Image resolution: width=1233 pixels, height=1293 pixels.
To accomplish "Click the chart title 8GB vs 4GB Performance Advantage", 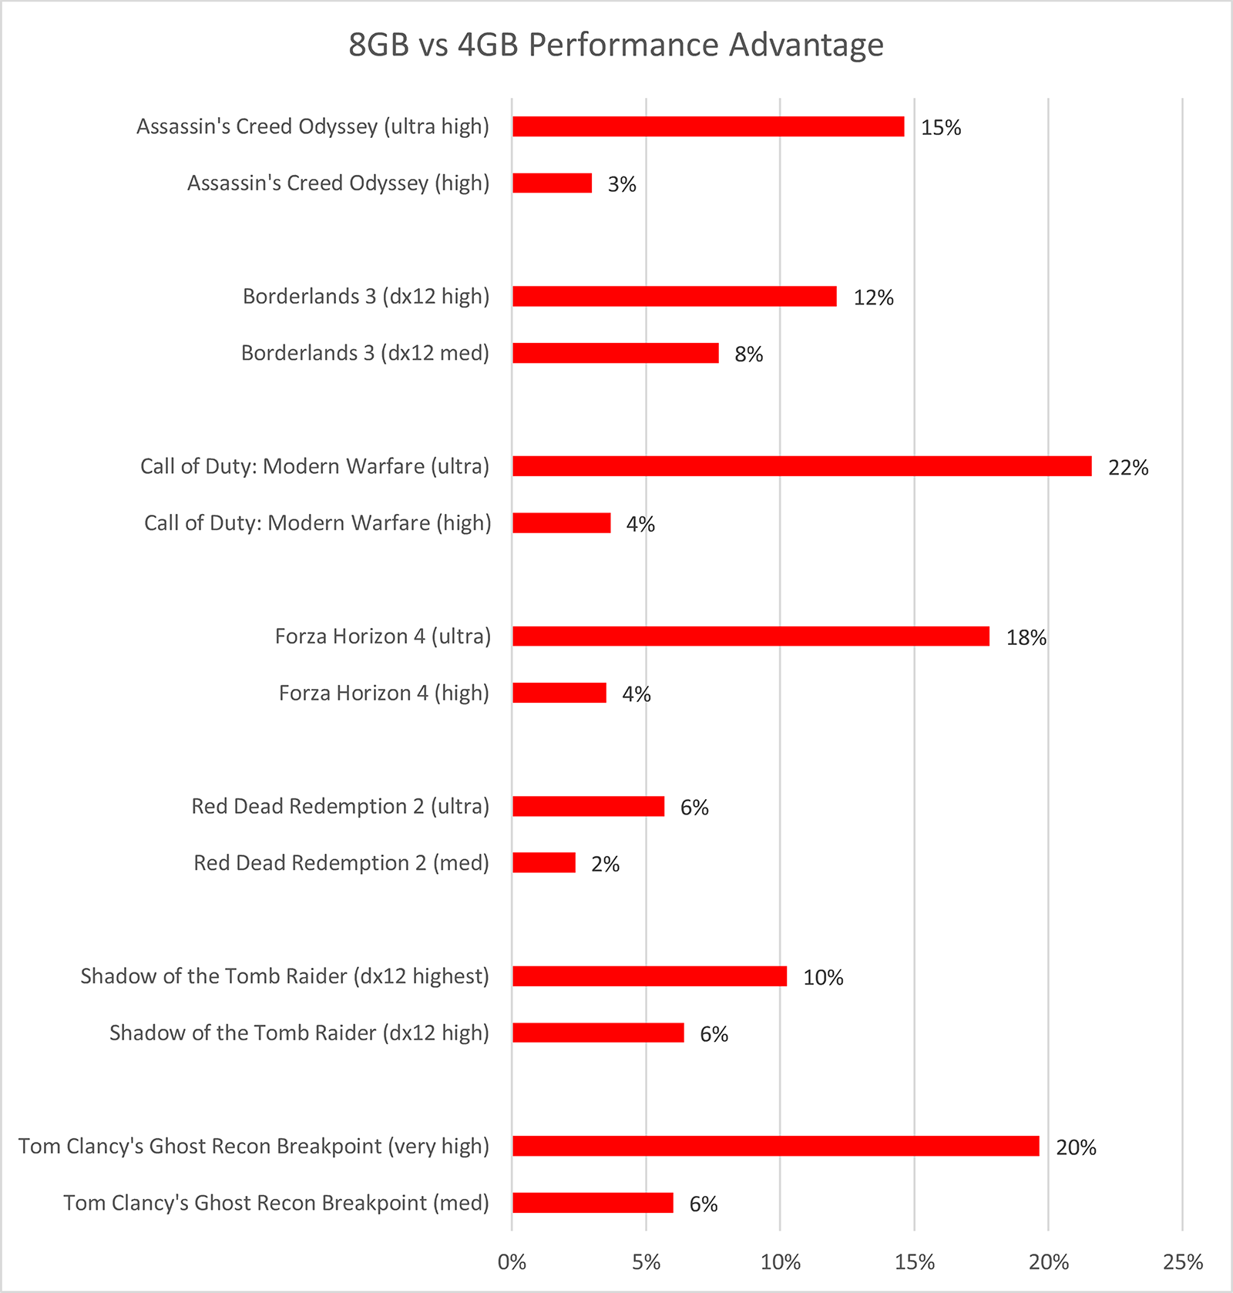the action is tap(616, 45).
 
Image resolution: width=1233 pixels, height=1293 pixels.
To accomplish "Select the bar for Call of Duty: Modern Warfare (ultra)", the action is tap(802, 466).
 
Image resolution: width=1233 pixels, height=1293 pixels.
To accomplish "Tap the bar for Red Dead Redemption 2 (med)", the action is tap(544, 863).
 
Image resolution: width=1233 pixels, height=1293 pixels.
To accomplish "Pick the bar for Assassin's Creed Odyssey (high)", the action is tap(553, 183).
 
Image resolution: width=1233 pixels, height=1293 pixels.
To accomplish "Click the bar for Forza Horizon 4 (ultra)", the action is tap(751, 636).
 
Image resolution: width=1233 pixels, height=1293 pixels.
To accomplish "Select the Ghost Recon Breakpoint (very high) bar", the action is tap(776, 1147).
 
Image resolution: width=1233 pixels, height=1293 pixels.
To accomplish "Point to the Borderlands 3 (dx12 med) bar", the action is tap(616, 353).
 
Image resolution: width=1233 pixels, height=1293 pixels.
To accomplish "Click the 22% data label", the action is tap(1128, 468).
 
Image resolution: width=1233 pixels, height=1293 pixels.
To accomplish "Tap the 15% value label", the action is tap(941, 128).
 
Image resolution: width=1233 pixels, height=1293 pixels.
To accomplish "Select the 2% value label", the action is tap(606, 865).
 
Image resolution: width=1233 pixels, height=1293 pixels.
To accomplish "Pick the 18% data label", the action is tap(1026, 638).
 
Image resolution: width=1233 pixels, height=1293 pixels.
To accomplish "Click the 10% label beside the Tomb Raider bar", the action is tap(823, 978).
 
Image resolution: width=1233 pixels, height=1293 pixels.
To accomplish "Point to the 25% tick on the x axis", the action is tap(1183, 1262).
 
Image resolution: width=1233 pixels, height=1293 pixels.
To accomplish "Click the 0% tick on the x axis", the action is tap(512, 1262).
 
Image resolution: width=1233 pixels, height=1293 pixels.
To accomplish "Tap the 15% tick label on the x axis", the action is tap(915, 1262).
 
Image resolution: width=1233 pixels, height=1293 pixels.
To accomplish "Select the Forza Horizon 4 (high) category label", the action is tap(384, 694).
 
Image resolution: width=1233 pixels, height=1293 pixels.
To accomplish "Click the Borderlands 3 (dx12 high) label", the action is tap(366, 297).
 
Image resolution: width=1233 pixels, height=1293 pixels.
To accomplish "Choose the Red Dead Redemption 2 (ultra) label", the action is tap(341, 807).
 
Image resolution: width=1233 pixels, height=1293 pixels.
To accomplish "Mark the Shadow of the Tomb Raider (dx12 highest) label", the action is tap(285, 977).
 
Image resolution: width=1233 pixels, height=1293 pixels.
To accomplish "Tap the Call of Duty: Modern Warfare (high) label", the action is tap(317, 523).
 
